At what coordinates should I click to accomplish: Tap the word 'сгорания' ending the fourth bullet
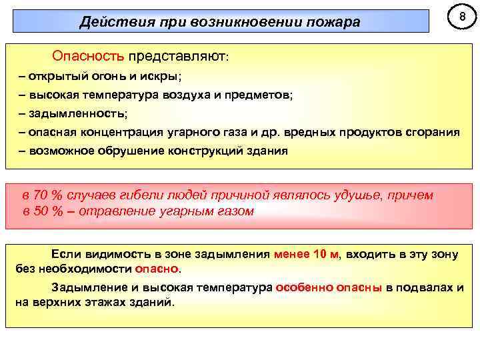[433, 132]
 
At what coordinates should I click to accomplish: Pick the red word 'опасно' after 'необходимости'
[157, 269]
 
